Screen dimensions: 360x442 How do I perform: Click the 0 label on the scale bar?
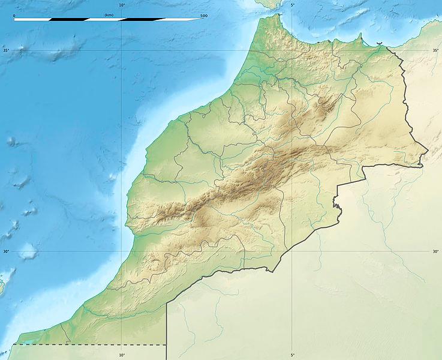point(14,15)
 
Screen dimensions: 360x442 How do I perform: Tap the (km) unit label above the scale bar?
point(109,14)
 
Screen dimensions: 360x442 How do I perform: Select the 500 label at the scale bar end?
point(204,15)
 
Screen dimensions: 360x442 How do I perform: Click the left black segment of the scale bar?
point(68,19)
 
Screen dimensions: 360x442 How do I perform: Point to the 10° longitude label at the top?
point(122,5)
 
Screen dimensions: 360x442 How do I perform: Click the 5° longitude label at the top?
point(292,5)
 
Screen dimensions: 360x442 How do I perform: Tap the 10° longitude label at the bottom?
point(122,355)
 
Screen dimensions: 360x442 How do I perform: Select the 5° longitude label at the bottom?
point(292,355)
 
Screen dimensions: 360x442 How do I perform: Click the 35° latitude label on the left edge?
point(5,50)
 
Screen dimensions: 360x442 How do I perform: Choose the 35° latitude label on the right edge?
point(436,50)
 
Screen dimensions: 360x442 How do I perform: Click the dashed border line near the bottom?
point(90,344)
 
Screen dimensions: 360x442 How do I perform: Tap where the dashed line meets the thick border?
point(166,344)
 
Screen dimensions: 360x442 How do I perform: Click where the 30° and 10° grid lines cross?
point(122,251)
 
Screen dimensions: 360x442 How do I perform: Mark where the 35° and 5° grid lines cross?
point(292,50)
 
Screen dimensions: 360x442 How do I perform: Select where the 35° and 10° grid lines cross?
point(122,50)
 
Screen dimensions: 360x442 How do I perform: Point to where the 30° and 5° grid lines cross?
point(292,251)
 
